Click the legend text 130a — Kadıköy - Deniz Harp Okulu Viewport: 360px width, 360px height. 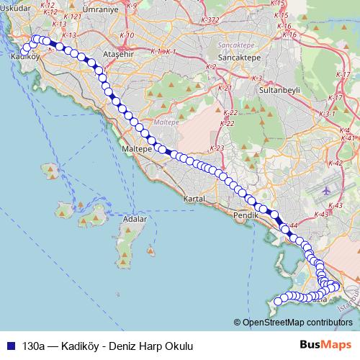pyautogui.click(x=108, y=346)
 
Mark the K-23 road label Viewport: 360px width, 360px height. pyautogui.click(x=218, y=148)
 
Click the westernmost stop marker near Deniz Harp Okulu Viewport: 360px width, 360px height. pyautogui.click(x=279, y=301)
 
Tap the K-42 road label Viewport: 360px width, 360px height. pyautogui.click(x=335, y=164)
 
